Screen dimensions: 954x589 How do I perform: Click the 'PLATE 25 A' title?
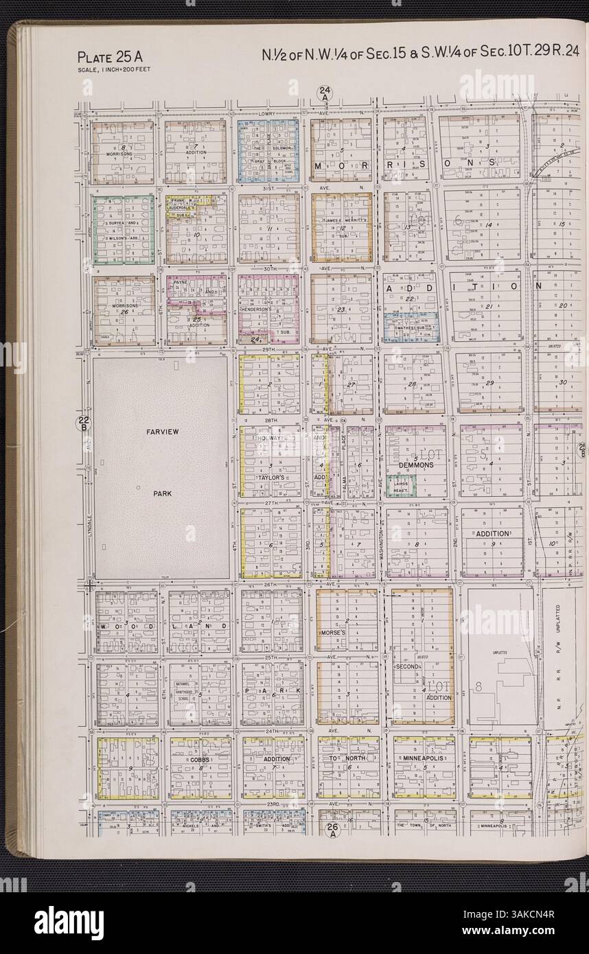(109, 58)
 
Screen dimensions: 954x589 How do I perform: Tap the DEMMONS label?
(415, 465)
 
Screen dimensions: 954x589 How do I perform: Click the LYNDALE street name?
(89, 528)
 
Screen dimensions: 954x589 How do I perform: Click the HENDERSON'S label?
(259, 310)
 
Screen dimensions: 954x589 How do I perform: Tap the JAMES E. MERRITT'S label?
(341, 220)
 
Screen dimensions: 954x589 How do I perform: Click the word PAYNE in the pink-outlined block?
(180, 281)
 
